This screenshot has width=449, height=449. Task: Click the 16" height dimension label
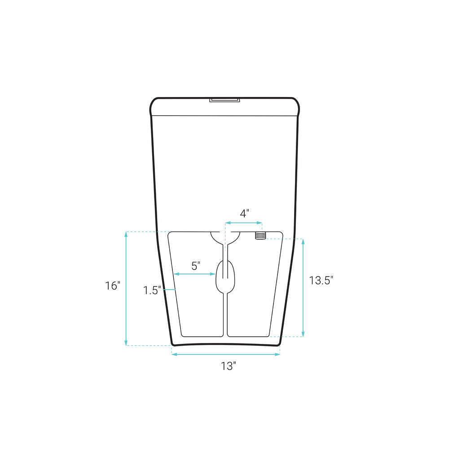(113, 286)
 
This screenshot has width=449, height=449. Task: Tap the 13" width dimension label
(228, 366)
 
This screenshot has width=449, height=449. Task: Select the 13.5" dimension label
(321, 280)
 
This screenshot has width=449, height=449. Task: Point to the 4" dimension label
(244, 213)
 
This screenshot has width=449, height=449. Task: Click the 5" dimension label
(196, 266)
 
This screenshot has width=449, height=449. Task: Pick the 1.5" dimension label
(152, 291)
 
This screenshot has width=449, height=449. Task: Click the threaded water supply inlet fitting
(260, 236)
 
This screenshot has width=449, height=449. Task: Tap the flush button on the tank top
(224, 100)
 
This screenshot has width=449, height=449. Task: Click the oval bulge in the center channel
(225, 277)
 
